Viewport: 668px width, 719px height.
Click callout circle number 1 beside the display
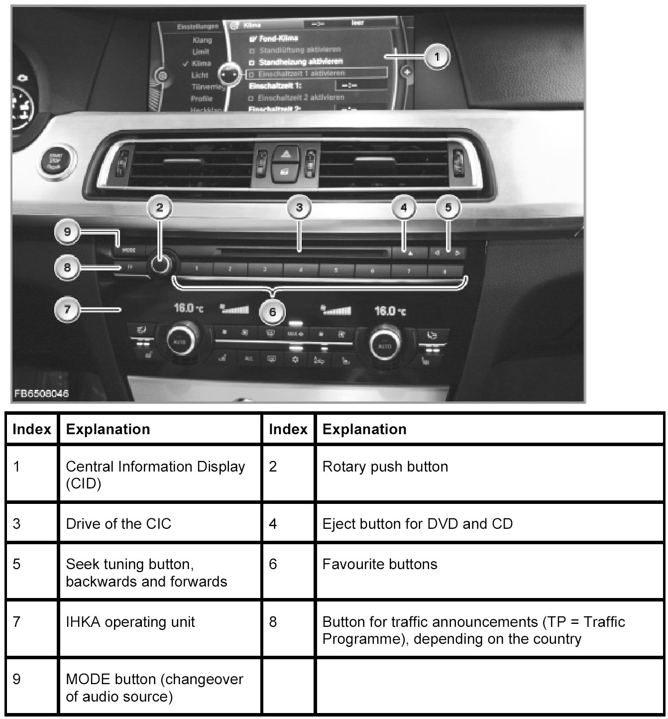click(x=437, y=57)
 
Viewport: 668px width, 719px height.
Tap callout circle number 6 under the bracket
click(x=272, y=312)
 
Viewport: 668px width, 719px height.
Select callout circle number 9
click(x=68, y=232)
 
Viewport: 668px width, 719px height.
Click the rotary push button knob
click(x=160, y=264)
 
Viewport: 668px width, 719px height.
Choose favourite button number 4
click(x=301, y=269)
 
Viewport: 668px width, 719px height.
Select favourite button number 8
click(x=445, y=270)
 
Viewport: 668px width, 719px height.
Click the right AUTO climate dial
click(x=385, y=345)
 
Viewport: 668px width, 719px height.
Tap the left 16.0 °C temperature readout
click(x=188, y=308)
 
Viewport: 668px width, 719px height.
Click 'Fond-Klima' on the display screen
click(x=278, y=38)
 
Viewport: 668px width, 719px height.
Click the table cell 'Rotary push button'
click(x=385, y=467)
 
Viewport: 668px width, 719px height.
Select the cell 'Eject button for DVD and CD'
click(x=417, y=524)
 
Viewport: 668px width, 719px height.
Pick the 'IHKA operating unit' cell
click(x=130, y=622)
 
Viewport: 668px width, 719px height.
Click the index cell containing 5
click(x=17, y=565)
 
